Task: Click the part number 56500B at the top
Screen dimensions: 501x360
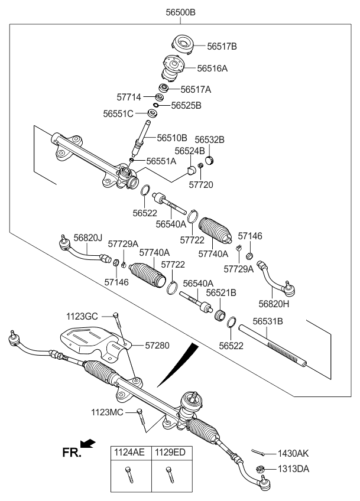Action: click(179, 12)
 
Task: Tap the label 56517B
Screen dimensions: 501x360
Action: click(222, 45)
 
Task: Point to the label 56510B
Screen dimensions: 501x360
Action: click(172, 138)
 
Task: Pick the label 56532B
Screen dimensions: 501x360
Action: click(210, 140)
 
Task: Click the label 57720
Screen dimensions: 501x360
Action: click(200, 185)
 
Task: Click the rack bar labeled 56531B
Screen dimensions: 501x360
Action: click(277, 349)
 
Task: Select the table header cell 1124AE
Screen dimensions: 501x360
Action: click(129, 453)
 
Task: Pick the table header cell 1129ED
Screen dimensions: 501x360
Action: click(169, 453)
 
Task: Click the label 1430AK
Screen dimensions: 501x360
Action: click(294, 454)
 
